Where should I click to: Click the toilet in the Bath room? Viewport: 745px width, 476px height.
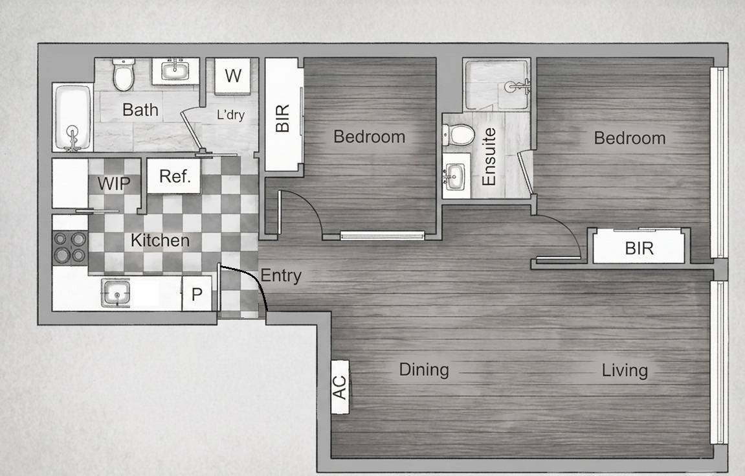(x=124, y=74)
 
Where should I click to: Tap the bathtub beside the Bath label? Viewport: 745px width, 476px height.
(x=72, y=117)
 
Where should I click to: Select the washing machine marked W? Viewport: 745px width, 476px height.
(x=233, y=76)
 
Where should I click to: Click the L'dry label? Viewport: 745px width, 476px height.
(x=230, y=115)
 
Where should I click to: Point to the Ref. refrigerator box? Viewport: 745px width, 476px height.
(x=174, y=176)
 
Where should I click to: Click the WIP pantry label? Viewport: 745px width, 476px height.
(x=114, y=183)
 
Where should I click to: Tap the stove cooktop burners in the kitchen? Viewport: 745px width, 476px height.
(x=70, y=247)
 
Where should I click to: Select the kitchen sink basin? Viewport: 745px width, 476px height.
(x=115, y=293)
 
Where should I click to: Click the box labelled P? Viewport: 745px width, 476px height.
(x=197, y=294)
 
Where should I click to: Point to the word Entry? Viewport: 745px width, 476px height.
(x=281, y=276)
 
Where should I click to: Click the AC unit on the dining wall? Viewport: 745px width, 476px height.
(x=340, y=387)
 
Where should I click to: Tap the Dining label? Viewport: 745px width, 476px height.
(x=424, y=370)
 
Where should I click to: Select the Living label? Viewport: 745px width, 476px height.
(x=625, y=370)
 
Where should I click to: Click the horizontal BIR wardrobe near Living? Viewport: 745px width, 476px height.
(x=639, y=246)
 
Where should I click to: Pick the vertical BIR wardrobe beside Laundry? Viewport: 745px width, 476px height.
(x=284, y=115)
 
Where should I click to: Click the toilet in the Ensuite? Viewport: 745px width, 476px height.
(x=458, y=135)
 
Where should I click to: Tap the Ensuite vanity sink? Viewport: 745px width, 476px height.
(x=455, y=176)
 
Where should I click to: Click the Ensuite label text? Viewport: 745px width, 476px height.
(x=489, y=157)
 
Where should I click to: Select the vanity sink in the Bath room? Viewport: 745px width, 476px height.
(x=175, y=71)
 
